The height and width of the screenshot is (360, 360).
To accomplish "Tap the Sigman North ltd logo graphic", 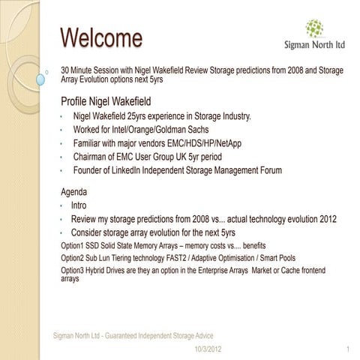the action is coord(314,28).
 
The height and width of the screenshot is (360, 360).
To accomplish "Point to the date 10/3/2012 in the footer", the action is coord(207,349).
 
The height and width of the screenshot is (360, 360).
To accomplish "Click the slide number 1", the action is coord(348,349).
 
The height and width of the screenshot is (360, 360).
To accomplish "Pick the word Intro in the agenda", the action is coord(79,205).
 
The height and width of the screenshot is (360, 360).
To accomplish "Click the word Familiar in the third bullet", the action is coord(89,143).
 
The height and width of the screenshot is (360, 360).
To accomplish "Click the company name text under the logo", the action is coord(315,45).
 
